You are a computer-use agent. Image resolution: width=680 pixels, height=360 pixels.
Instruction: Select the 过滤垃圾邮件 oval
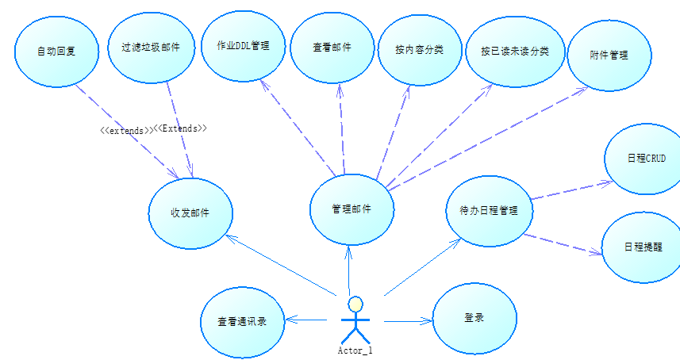[151, 47]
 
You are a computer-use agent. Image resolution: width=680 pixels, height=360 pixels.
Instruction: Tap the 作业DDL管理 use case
[243, 45]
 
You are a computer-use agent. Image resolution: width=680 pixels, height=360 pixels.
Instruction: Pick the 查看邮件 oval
[332, 48]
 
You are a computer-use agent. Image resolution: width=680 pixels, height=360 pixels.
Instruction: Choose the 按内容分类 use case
[419, 49]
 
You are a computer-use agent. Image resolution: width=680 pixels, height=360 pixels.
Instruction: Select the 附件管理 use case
[609, 55]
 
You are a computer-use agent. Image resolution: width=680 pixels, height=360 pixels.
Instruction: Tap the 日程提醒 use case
[642, 247]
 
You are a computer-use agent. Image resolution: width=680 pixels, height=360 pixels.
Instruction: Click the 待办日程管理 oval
[489, 211]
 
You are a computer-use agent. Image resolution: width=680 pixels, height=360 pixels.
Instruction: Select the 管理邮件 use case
[352, 209]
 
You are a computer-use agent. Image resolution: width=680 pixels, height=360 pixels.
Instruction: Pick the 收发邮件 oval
[190, 213]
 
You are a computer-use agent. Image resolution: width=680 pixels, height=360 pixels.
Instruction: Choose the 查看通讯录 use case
[243, 321]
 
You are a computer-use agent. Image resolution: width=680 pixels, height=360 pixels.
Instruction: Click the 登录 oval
[474, 318]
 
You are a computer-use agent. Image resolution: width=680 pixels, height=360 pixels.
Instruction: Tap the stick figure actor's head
[356, 304]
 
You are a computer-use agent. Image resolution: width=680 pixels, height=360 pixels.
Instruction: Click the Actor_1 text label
[355, 350]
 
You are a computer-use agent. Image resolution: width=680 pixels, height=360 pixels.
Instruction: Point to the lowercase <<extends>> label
[125, 130]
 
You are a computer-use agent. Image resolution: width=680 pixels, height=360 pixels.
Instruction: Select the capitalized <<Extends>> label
[180, 128]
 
